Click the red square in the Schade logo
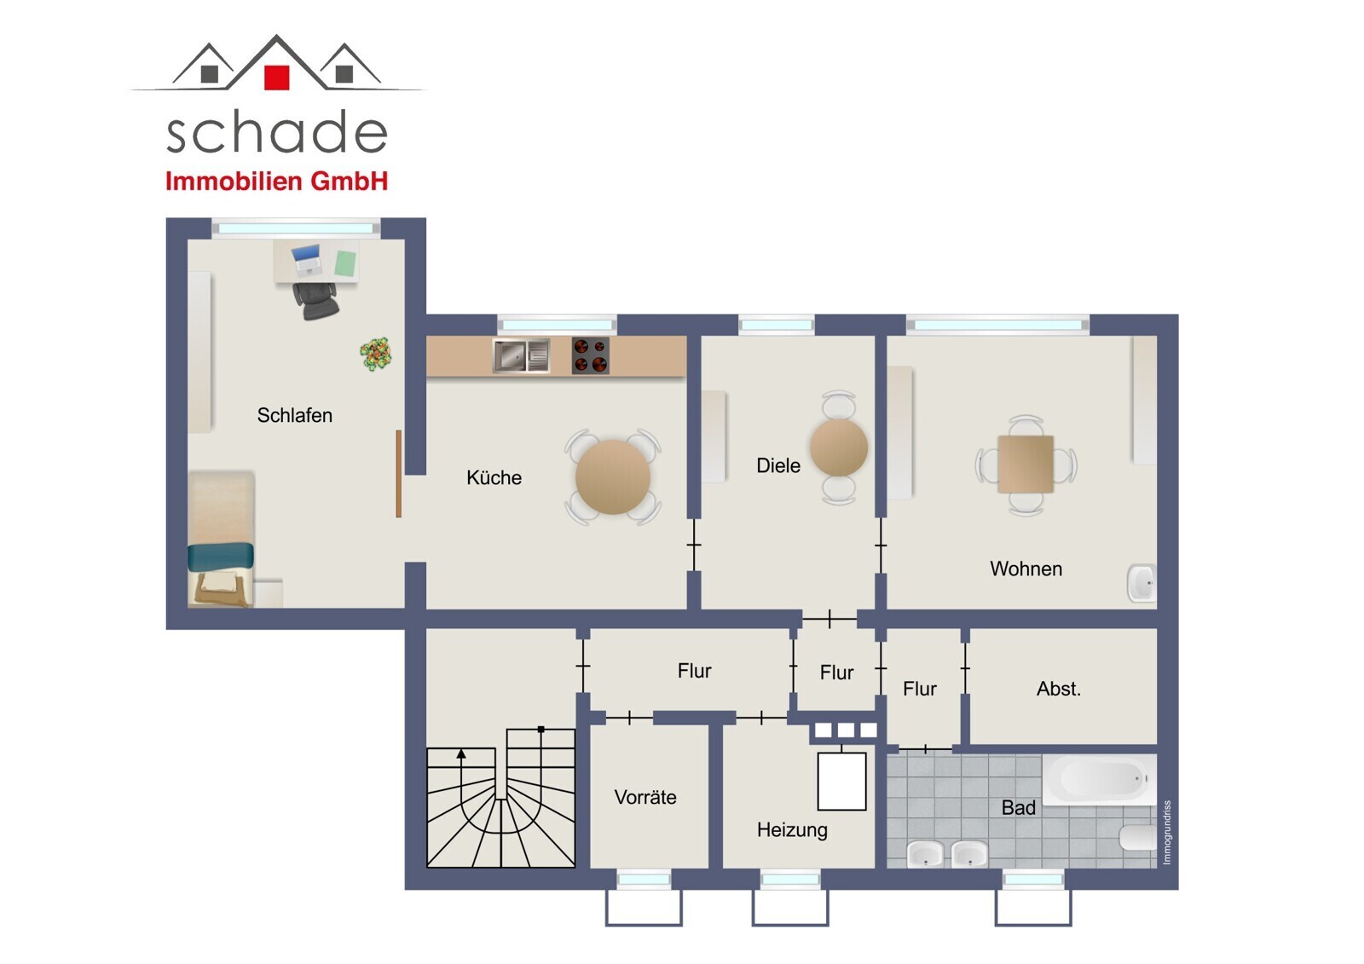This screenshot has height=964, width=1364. click(276, 78)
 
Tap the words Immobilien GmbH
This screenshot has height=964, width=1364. click(276, 181)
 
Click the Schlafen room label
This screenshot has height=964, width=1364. click(295, 415)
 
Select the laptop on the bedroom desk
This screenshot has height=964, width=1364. click(306, 259)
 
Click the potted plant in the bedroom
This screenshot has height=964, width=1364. click(376, 354)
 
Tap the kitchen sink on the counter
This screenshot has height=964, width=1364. click(521, 355)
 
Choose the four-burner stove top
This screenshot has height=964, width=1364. click(590, 355)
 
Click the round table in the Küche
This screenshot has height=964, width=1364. click(613, 476)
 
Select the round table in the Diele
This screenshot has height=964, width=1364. click(839, 447)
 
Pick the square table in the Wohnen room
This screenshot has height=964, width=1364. click(1026, 464)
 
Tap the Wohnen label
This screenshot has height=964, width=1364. click(1026, 569)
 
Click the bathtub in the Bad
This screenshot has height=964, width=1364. click(1100, 779)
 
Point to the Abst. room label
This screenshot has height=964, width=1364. click(1059, 689)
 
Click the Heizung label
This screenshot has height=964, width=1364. click(792, 830)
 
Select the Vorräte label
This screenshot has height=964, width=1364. click(645, 797)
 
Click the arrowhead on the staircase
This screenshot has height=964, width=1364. click(461, 754)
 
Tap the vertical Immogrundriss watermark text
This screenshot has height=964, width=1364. click(1167, 832)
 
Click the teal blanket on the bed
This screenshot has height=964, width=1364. click(221, 557)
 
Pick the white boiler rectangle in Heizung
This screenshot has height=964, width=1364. click(841, 782)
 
